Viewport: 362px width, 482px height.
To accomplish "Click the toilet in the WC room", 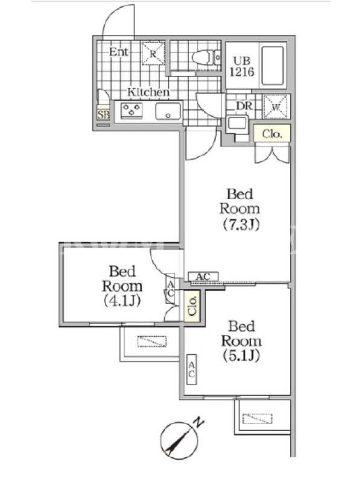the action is click(206, 57).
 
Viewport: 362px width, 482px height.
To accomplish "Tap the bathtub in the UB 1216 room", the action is click(273, 65).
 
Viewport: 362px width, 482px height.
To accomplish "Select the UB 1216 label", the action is click(242, 66).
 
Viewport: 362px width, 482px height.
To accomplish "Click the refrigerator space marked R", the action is click(153, 54).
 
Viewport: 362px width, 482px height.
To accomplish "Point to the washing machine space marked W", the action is click(276, 107).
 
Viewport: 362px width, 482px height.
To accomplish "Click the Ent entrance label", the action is click(118, 52).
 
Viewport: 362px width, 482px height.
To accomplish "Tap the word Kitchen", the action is click(148, 92).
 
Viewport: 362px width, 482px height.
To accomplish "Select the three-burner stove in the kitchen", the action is click(132, 110).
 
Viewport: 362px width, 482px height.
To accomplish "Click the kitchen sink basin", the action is click(168, 111).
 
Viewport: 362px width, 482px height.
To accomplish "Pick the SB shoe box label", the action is click(103, 114).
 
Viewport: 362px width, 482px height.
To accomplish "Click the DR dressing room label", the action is click(244, 106).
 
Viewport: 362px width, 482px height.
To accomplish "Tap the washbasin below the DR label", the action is click(237, 124).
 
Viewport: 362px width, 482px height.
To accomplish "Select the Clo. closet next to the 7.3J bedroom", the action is click(272, 133).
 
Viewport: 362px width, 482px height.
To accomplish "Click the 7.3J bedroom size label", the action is click(241, 225).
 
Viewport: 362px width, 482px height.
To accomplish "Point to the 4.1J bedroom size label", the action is click(122, 300).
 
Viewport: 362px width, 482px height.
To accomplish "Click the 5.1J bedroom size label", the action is click(241, 355).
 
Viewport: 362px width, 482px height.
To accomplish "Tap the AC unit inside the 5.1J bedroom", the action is click(191, 369).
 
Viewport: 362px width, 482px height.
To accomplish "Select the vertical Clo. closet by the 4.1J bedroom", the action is click(192, 306).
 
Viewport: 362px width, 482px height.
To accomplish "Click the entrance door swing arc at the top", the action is click(114, 16).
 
